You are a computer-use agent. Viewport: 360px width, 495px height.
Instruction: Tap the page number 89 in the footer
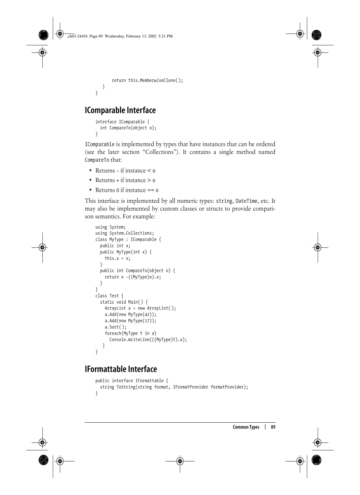click(x=273, y=427)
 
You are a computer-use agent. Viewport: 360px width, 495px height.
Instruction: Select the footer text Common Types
click(x=246, y=427)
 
